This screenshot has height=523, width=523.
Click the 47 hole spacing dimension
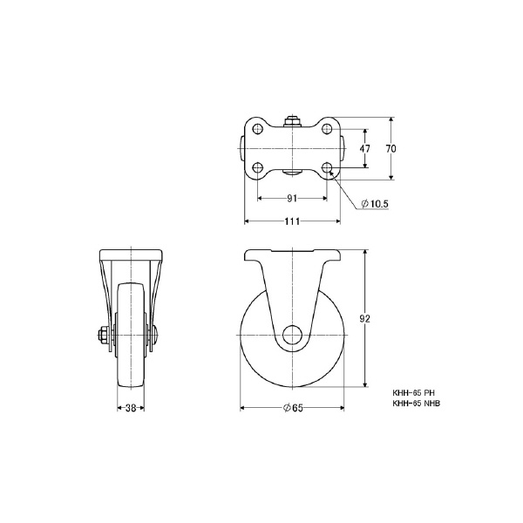click(365, 148)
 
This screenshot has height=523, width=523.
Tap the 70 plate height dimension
click(391, 148)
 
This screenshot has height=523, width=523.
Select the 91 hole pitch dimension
click(292, 199)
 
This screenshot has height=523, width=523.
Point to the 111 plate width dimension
click(292, 221)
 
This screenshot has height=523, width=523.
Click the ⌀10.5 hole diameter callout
click(375, 203)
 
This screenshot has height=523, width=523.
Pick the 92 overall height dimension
click(365, 319)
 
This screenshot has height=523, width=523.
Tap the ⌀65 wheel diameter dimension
click(293, 408)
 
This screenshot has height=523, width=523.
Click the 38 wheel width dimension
click(131, 408)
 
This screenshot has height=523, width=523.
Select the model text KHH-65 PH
click(413, 393)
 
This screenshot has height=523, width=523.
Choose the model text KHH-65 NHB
click(417, 404)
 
